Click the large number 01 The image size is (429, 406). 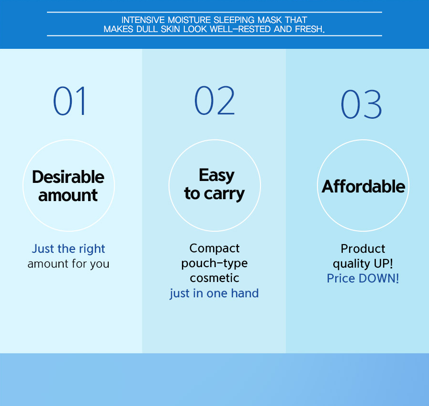pos(70,101)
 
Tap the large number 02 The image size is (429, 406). pos(214,100)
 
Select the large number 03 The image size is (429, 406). pos(361,104)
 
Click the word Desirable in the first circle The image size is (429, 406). pos(68,177)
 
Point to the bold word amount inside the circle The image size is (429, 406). pos(68,195)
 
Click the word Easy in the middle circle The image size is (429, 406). pos(216,175)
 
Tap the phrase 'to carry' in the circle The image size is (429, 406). pos(214,194)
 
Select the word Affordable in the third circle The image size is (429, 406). pos(363,186)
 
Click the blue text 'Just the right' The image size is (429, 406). pos(68,249)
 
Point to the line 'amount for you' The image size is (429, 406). pos(68,264)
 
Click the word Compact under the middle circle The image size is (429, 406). pos(214,248)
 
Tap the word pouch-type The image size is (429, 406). pos(214,263)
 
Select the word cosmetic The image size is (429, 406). pos(214,278)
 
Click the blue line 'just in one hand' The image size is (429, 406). pos(214,293)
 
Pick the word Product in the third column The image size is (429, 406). pos(363,249)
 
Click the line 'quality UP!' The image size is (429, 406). pos(363,264)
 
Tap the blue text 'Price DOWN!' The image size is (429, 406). pos(363,279)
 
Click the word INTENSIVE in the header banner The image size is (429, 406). pos(143,20)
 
